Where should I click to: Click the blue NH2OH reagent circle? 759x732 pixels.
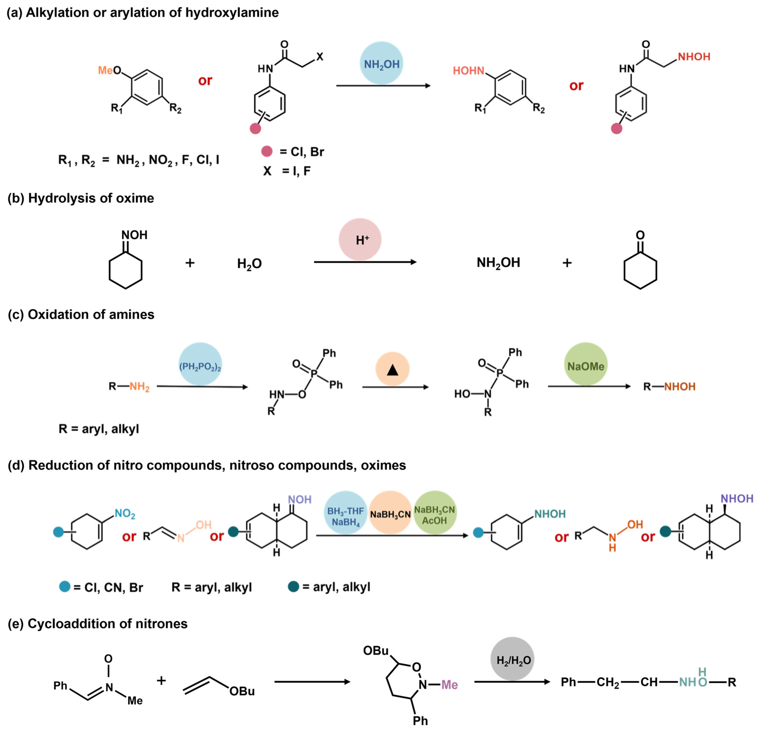pyautogui.click(x=381, y=63)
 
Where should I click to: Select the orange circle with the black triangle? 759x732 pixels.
pyautogui.click(x=392, y=369)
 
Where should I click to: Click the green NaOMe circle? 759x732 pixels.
pyautogui.click(x=586, y=364)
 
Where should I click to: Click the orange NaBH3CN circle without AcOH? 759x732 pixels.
pyautogui.click(x=390, y=512)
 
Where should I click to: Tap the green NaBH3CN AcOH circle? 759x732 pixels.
pyautogui.click(x=434, y=512)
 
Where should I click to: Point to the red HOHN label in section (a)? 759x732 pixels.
pyautogui.click(x=469, y=71)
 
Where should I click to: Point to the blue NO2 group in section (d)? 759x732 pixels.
pyautogui.click(x=125, y=514)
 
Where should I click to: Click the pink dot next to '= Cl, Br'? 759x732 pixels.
pyautogui.click(x=267, y=151)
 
